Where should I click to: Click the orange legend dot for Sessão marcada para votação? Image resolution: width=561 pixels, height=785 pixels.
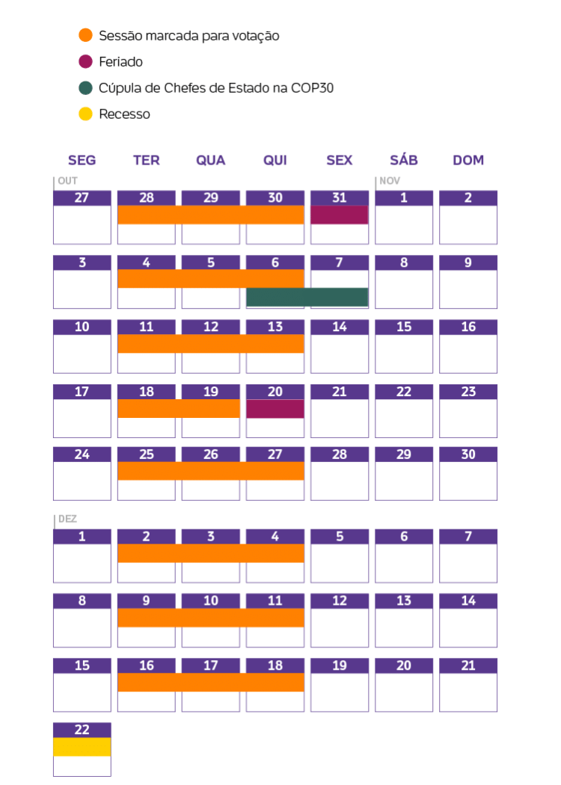[x=86, y=35]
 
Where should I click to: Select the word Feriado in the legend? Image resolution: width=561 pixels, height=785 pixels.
[x=120, y=61]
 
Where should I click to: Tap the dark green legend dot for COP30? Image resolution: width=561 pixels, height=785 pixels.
[x=86, y=87]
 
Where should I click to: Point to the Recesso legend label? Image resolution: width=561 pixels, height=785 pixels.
[x=124, y=114]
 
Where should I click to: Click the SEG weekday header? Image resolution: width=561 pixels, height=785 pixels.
[x=82, y=160]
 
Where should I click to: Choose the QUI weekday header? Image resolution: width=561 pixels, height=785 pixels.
[x=275, y=160]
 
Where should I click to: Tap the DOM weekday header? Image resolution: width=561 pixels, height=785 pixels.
[x=468, y=160]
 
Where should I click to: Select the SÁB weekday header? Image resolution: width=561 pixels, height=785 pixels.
[x=404, y=160]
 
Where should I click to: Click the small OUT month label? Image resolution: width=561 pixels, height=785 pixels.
[x=68, y=181]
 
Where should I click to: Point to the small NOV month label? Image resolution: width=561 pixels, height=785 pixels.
[x=390, y=181]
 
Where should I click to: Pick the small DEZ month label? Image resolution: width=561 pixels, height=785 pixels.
[x=68, y=519]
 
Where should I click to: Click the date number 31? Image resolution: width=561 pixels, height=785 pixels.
[x=340, y=198]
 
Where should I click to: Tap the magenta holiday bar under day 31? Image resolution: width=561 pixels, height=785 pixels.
[x=340, y=215]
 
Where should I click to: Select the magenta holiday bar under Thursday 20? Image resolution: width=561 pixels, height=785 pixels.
[x=275, y=409]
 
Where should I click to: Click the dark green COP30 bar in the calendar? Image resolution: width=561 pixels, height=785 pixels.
[x=307, y=297]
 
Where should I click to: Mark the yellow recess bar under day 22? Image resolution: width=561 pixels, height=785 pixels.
[x=82, y=747]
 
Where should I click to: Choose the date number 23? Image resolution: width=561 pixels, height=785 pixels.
[x=468, y=392]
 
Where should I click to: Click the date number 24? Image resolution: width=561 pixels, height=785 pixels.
[x=82, y=455]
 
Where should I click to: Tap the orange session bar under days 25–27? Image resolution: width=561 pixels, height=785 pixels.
[x=211, y=471]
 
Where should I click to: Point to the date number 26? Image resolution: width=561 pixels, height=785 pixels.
[x=211, y=455]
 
